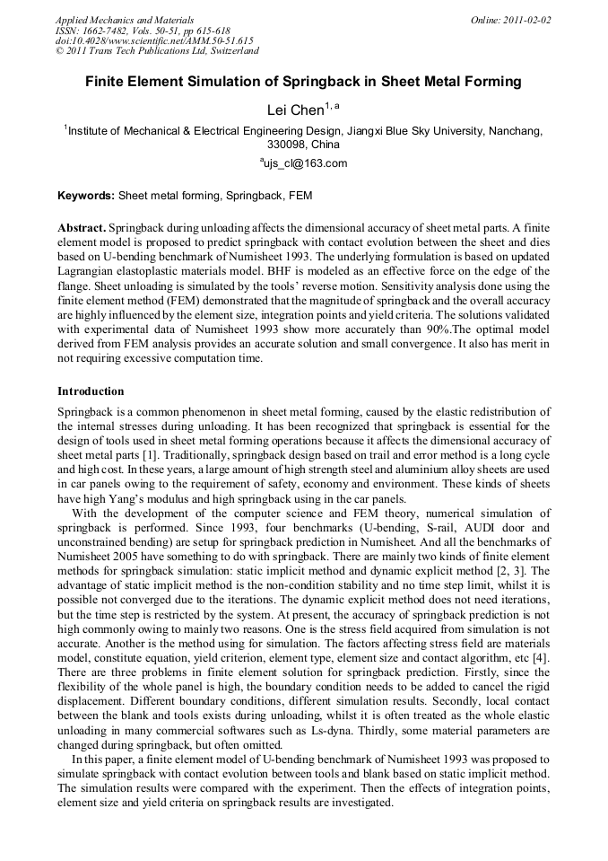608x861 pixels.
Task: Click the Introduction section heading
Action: point(91,391)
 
